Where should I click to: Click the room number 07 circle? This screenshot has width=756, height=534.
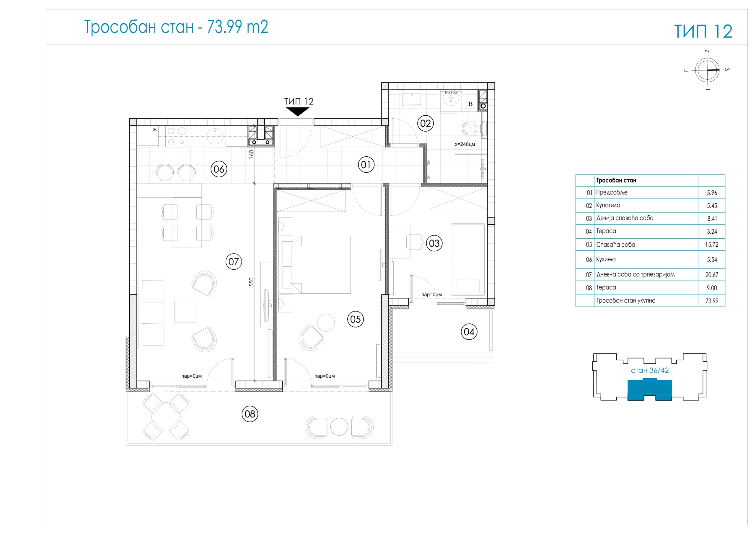tap(234, 262)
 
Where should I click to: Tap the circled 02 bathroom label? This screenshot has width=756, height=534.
tap(426, 123)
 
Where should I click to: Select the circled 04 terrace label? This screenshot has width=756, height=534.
tap(469, 332)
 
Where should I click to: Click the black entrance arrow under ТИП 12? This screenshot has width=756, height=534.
tap(298, 112)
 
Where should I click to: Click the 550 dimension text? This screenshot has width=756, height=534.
tap(251, 282)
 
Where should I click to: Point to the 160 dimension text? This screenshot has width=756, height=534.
tap(251, 155)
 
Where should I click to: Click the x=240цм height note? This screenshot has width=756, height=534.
tap(465, 144)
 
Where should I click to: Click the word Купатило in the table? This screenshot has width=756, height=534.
tap(608, 205)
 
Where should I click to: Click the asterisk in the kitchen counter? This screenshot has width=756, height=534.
tap(155, 130)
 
